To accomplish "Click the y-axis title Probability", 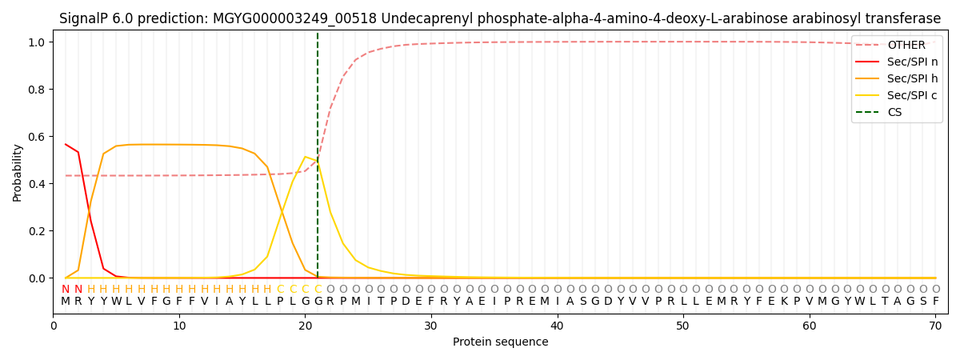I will [x=17, y=172].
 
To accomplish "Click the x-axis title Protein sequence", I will [x=501, y=342].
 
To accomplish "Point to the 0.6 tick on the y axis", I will [x=38, y=137].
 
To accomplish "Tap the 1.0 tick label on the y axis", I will [x=38, y=42].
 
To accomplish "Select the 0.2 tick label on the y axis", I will [x=38, y=231].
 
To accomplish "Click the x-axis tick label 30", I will [x=431, y=326].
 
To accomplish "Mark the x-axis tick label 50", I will [x=682, y=326].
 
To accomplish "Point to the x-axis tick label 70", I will [x=934, y=326].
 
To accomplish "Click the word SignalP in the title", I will [x=85, y=18].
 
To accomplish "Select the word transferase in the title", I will [x=901, y=18].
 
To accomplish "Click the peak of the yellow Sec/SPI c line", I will [x=305, y=157].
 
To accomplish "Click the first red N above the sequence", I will [x=66, y=290].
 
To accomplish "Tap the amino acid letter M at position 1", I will [x=66, y=302].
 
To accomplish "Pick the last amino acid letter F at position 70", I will [x=935, y=302].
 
